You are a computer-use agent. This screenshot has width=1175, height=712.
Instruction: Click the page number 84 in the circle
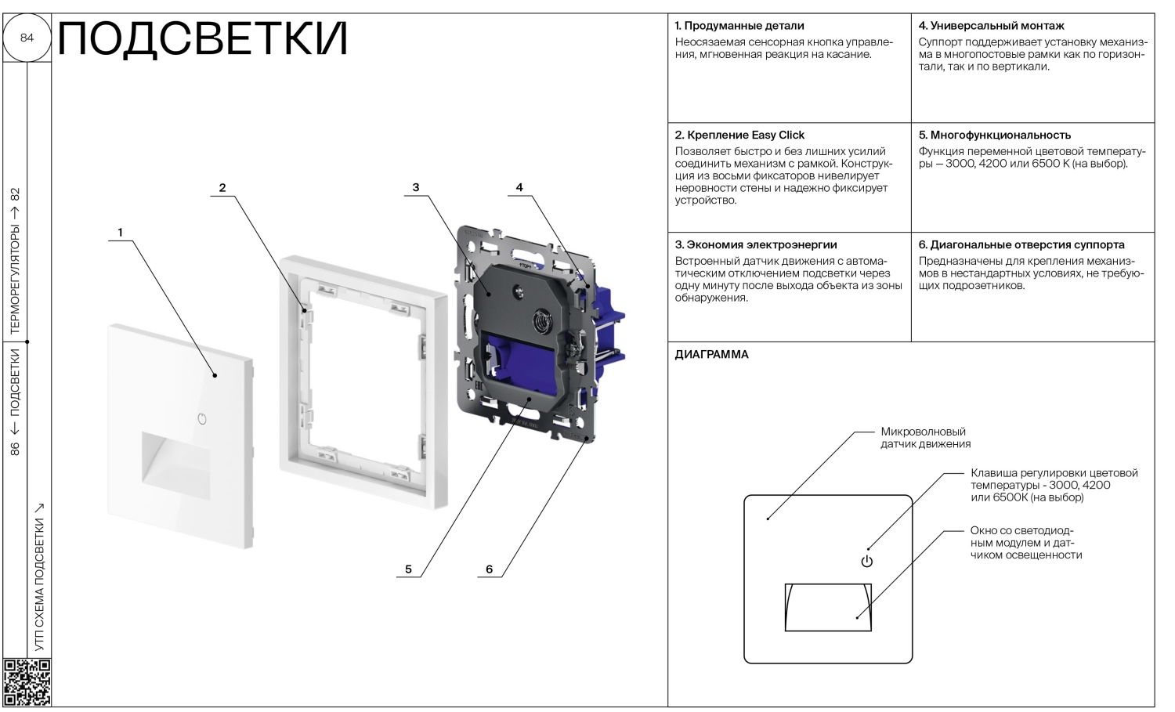[x=27, y=38]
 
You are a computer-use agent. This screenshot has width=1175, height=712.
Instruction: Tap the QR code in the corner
[x=27, y=682]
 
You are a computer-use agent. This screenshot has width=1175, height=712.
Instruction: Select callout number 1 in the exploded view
[x=120, y=233]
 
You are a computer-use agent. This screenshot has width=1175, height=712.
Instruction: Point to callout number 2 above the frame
[x=222, y=188]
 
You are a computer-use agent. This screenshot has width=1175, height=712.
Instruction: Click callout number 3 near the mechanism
[x=416, y=188]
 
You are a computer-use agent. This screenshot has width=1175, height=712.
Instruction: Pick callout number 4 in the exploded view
[x=519, y=188]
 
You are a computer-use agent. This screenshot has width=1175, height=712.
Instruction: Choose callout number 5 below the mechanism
[x=408, y=569]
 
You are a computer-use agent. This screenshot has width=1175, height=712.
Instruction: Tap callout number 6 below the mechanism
[x=490, y=569]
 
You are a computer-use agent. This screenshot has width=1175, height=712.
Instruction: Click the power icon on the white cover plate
[x=202, y=418]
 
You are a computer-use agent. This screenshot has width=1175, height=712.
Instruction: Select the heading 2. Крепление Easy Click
[x=739, y=136]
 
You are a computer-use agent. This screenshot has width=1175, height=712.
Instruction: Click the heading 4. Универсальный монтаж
[x=991, y=26]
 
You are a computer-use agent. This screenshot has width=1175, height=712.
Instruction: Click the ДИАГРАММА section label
[x=711, y=355]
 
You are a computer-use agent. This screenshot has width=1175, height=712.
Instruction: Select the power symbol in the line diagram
[x=866, y=561]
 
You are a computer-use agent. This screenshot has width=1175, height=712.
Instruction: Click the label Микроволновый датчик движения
[x=925, y=438]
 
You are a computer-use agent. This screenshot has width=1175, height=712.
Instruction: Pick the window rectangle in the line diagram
[x=828, y=607]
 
